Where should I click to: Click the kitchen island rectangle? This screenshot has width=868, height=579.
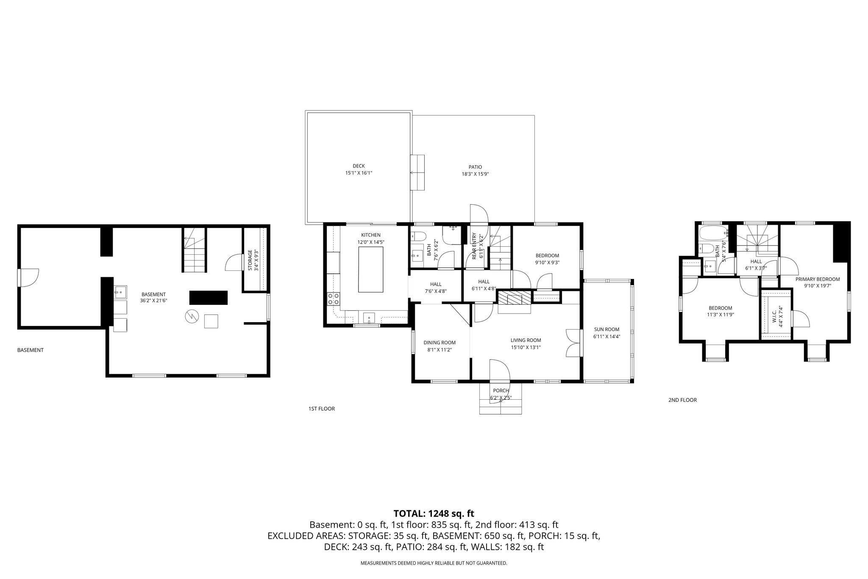(371, 269)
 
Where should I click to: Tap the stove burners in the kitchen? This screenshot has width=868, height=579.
(334, 299)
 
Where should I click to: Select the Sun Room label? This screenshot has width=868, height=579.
(606, 329)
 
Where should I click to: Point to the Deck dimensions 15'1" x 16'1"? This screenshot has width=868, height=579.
(359, 173)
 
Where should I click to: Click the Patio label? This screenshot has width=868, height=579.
(475, 167)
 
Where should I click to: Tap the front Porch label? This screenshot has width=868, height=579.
(501, 391)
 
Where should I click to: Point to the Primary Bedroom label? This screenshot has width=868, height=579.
(818, 279)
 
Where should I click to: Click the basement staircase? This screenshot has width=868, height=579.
(195, 250)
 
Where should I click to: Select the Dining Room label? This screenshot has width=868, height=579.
(440, 342)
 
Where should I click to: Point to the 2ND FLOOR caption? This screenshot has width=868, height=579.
(682, 400)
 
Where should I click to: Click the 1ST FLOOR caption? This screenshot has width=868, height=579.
(322, 409)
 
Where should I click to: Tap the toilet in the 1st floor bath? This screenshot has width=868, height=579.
(418, 236)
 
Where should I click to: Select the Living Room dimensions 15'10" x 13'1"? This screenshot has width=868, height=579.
(526, 347)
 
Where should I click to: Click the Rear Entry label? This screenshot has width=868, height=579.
(475, 246)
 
